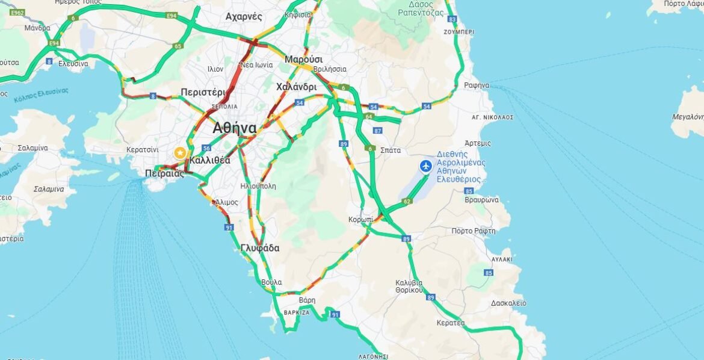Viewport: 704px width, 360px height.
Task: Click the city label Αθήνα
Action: click(x=235, y=128)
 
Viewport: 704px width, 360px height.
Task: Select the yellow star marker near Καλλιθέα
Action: click(x=179, y=153)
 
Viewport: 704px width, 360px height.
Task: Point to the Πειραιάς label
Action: click(x=164, y=173)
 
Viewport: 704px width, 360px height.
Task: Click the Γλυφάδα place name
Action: click(x=260, y=248)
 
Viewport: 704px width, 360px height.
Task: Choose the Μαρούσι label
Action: click(x=304, y=60)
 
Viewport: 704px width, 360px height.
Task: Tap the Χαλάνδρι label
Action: click(x=296, y=87)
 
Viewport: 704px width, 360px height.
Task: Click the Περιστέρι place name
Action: click(x=203, y=93)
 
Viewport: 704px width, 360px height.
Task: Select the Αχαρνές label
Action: click(x=244, y=17)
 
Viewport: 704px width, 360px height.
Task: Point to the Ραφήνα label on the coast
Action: click(x=477, y=85)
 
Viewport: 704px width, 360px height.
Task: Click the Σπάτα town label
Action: click(x=391, y=150)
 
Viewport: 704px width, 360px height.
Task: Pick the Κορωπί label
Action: click(x=360, y=220)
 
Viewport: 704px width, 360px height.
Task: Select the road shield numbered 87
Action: click(x=378, y=130)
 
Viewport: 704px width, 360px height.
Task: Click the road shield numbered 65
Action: click(x=178, y=46)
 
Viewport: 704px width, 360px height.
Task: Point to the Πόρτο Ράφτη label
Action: click(x=473, y=231)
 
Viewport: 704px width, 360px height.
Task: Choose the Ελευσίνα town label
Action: click(x=73, y=64)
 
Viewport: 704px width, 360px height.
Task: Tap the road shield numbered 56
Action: click(x=206, y=148)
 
